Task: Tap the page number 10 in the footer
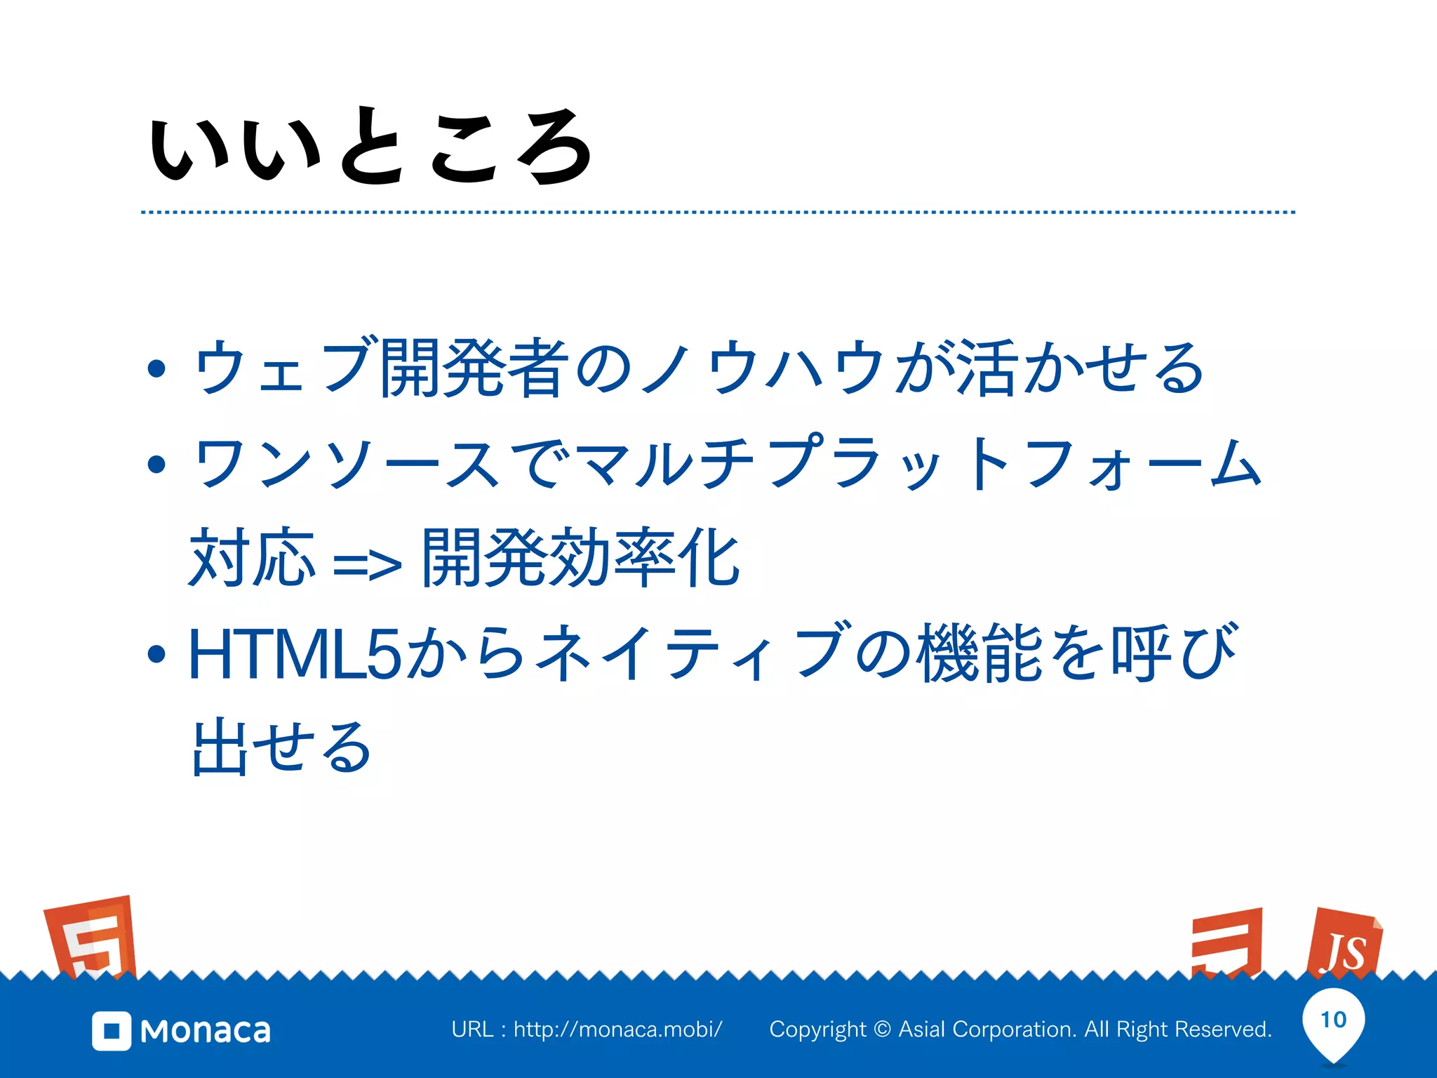pos(1333,1019)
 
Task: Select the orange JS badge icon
pos(1344,945)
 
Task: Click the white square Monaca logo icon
pos(112,1031)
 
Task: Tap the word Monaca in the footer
pos(206,1031)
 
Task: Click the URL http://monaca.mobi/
pos(617,1030)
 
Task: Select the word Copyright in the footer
pos(818,1030)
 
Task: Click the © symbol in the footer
pos(883,1030)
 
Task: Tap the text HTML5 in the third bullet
pos(295,655)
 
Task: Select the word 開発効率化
pos(581,558)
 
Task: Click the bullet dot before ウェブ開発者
pos(156,368)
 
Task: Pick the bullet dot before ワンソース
pos(156,464)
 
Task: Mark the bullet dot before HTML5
pos(156,655)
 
